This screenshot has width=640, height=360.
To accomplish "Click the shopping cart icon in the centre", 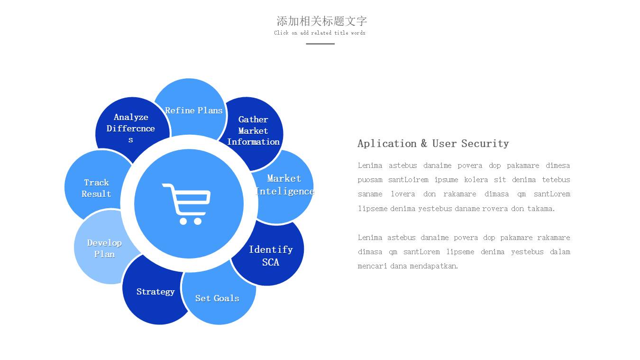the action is click(x=186, y=204).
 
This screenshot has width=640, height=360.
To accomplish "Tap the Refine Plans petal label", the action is click(x=194, y=111).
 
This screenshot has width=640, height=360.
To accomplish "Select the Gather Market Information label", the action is click(x=253, y=130).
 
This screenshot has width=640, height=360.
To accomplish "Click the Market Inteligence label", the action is click(x=284, y=185).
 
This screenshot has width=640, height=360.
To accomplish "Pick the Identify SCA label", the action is click(x=271, y=256).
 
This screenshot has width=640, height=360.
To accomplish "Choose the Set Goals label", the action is click(x=217, y=298).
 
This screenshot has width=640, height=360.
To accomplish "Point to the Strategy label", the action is click(x=155, y=292).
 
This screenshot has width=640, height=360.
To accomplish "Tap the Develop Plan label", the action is click(x=104, y=249).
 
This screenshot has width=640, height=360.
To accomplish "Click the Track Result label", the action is click(x=96, y=188).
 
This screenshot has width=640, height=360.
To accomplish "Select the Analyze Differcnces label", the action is click(x=130, y=128).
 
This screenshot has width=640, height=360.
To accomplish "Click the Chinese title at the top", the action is click(x=321, y=21).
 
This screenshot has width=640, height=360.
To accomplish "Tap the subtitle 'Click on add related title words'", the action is click(x=320, y=33).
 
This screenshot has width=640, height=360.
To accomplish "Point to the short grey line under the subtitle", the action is click(x=320, y=44).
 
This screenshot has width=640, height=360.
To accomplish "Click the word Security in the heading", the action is click(x=485, y=144).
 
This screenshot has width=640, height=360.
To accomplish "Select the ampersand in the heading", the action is click(x=424, y=143).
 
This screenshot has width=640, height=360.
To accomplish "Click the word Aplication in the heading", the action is click(x=387, y=144).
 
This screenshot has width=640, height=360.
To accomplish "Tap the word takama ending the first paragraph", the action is click(x=541, y=209).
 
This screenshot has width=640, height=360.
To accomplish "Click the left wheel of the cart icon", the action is click(x=183, y=222).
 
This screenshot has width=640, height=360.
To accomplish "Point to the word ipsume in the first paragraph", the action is click(x=446, y=180).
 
